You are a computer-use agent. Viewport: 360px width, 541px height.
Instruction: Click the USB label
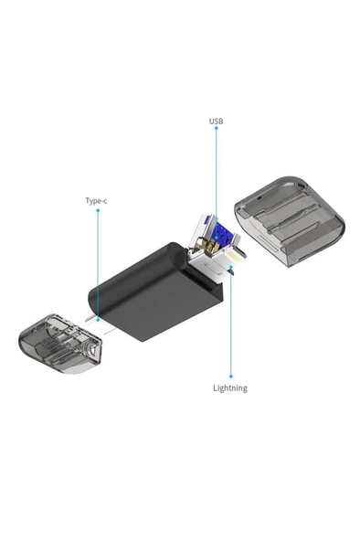tap(216, 121)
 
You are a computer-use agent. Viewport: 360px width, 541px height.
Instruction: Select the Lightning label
tap(229, 387)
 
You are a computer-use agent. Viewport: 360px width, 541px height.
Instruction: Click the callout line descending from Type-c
tap(97, 265)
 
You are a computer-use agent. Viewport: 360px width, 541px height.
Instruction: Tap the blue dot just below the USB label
tap(217, 129)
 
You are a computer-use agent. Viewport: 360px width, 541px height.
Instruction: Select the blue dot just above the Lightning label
tap(230, 376)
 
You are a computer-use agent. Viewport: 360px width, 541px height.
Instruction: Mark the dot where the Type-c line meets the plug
tap(98, 319)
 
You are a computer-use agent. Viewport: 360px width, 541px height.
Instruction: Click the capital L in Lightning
tap(215, 387)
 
